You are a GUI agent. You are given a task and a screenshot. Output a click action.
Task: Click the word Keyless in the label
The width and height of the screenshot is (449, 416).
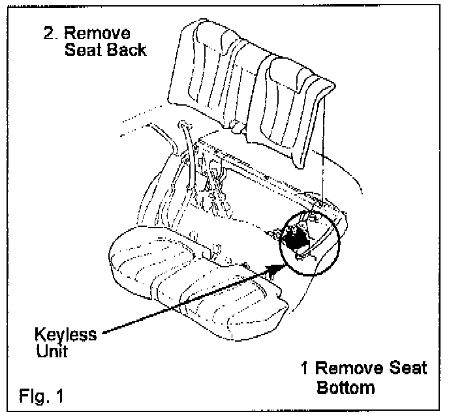point(66,336)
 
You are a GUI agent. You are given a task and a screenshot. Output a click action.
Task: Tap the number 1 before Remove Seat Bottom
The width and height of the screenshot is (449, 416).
point(303,369)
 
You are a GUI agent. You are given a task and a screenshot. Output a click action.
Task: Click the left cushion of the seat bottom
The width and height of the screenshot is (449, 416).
point(140,258)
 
